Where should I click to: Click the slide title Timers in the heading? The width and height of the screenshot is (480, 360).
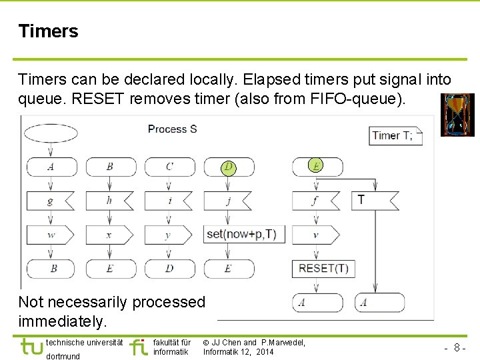tap(48, 31)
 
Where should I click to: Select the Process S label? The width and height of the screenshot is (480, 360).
tap(172, 129)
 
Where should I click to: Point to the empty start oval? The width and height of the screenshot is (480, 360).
tap(50, 133)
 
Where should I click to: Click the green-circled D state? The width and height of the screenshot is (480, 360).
tap(229, 167)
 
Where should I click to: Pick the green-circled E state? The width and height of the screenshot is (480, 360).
tap(315, 166)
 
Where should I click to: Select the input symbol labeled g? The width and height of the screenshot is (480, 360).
tap(51, 200)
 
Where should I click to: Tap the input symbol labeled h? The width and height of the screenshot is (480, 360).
tap(109, 200)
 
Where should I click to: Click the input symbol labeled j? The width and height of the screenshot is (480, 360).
tap(229, 200)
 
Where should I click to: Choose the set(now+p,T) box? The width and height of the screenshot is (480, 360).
tap(241, 234)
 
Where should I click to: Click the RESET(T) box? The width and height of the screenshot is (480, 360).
tap(323, 269)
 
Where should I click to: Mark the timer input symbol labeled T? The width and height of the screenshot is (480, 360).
tap(373, 200)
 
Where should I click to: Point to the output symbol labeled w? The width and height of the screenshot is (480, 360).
tap(51, 235)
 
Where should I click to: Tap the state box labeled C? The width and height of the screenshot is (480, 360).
tap(169, 167)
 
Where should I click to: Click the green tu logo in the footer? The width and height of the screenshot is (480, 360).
tap(32, 347)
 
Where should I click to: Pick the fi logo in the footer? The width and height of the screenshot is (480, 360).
tap(139, 347)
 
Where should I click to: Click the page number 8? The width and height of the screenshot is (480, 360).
tap(457, 347)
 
